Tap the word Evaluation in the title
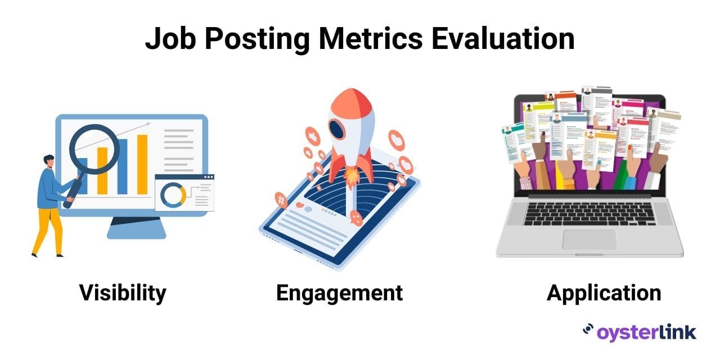pyautogui.click(x=503, y=39)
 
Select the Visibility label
pyautogui.click(x=123, y=293)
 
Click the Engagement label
pyautogui.click(x=339, y=294)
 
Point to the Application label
pyautogui.click(x=604, y=294)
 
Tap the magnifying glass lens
pyautogui.click(x=94, y=149)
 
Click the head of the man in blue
pyautogui.click(x=49, y=161)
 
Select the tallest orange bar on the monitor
pyautogui.click(x=142, y=165)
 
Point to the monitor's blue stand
pyautogui.click(x=136, y=228)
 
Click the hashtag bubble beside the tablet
pyautogui.click(x=281, y=200)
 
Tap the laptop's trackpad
pyautogui.click(x=589, y=240)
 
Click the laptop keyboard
pyautogui.click(x=589, y=214)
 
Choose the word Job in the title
pyautogui.click(x=170, y=39)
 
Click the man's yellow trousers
pyautogui.click(x=48, y=231)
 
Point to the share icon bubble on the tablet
pyautogui.click(x=356, y=218)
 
